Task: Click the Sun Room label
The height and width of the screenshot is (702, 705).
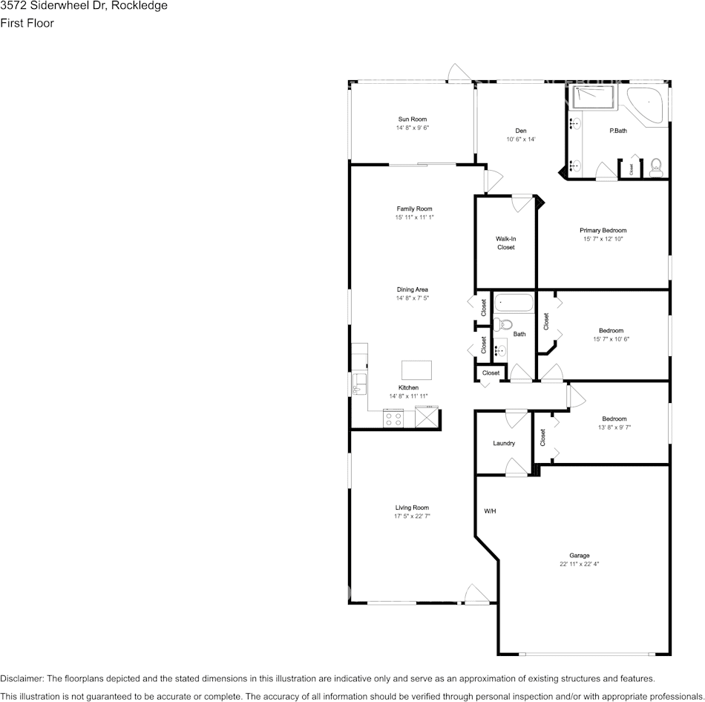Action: click(412, 119)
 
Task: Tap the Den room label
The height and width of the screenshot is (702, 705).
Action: click(521, 131)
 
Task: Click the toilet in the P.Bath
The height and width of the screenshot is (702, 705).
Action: click(655, 167)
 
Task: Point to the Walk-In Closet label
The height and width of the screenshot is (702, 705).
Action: click(505, 243)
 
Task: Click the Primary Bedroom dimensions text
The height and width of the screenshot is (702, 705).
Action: click(603, 239)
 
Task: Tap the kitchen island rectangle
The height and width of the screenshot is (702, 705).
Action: click(416, 370)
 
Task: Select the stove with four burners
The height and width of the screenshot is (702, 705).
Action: click(393, 419)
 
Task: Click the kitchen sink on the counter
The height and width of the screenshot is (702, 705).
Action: click(359, 384)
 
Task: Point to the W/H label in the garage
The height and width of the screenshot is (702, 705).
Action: click(491, 511)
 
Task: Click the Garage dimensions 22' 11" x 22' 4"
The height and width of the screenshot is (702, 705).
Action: click(579, 564)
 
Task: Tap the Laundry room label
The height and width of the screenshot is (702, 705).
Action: click(504, 444)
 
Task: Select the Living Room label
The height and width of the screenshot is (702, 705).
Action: click(412, 508)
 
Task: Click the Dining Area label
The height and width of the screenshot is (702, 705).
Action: click(412, 289)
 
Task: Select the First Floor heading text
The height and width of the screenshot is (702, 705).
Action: click(27, 23)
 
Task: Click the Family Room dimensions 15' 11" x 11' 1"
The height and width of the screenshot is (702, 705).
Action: click(414, 217)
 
